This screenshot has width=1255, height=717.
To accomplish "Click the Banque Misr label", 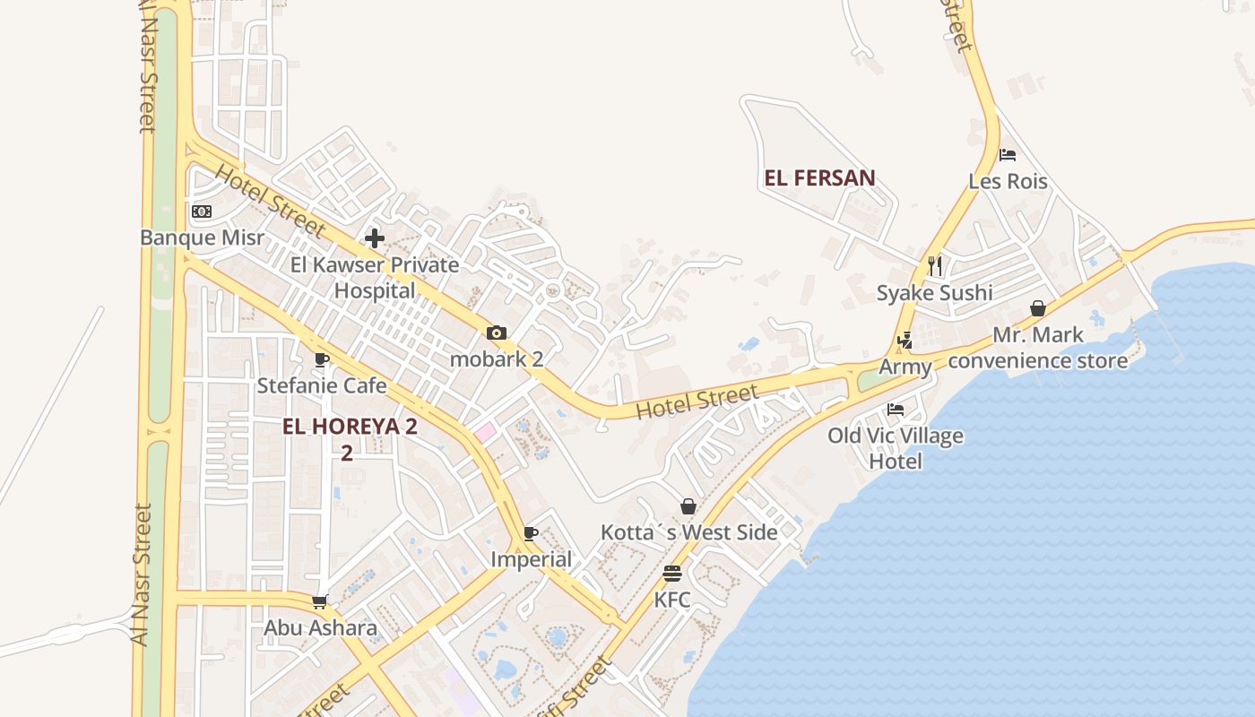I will point(203,238).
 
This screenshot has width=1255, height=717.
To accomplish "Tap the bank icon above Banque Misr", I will point(202,212).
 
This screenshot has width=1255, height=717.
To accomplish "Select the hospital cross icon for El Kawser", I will point(375,238).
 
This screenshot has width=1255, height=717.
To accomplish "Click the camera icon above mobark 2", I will point(497,333).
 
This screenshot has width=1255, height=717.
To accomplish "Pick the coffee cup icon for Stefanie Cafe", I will point(322,360).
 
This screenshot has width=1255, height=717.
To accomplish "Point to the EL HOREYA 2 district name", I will point(350,427).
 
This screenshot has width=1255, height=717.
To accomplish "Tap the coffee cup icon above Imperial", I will point(531,534).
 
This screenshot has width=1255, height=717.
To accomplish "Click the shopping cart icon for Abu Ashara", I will point(320,602).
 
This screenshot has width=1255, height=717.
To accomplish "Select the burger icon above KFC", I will point(672,574).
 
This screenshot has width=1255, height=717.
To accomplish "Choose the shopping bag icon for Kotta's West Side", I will point(688,507).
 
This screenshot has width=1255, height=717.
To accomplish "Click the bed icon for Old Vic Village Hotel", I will point(895,410).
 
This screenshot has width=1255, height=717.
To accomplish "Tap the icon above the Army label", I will point(904,341).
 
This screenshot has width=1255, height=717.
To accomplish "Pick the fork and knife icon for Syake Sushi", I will point(935,266).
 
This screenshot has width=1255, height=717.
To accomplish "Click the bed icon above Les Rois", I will point(1008,155).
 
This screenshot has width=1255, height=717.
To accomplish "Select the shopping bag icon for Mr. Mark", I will point(1038,309).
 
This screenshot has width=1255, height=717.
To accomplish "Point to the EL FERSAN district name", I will point(819,177).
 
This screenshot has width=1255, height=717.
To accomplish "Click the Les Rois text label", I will point(1008,181).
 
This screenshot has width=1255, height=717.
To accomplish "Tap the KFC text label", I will point(672,600).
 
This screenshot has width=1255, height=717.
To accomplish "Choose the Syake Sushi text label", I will point(934,293).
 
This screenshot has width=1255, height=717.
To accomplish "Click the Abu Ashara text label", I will point(320,627).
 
